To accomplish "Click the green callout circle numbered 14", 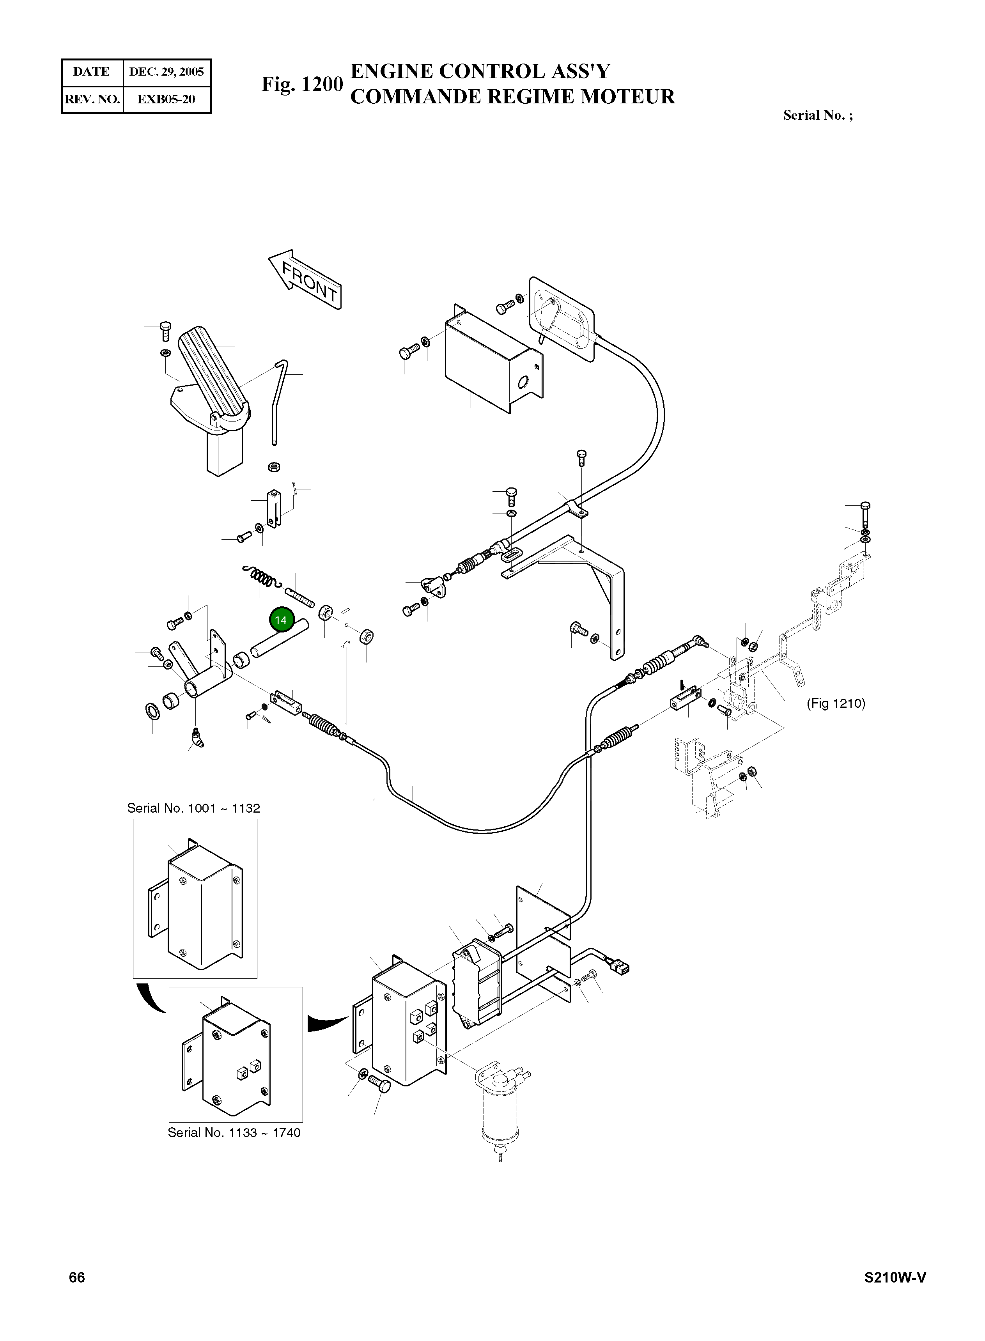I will point(281,620).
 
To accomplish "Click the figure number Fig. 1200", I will point(302,84).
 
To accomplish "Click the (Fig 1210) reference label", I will point(835,703).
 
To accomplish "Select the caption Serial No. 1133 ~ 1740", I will point(234,1133).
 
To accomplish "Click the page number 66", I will point(77,1277).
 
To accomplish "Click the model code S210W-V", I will point(895,1277).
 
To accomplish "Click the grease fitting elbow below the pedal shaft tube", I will point(197,739).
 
